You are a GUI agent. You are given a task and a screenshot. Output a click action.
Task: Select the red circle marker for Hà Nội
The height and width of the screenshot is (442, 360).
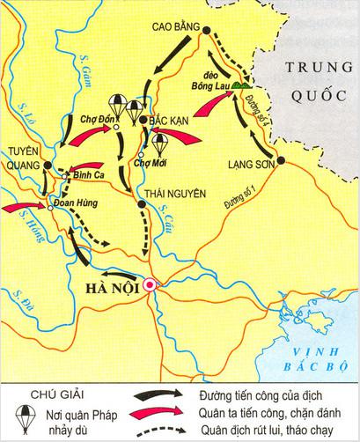tap(150, 284)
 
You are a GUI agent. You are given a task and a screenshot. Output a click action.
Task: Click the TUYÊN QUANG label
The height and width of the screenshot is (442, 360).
tap(26, 158)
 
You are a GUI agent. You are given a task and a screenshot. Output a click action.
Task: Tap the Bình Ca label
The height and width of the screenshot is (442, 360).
tap(86, 176)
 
